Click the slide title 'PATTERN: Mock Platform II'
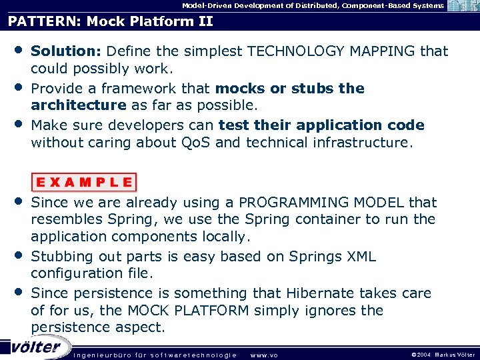point(111,21)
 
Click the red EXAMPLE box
point(84,182)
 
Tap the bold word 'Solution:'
point(66,51)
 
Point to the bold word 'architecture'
point(79,105)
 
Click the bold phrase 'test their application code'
point(321,125)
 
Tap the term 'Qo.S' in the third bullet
point(195,142)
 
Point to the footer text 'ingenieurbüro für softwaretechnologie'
point(155,355)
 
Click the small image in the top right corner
point(462,6)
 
